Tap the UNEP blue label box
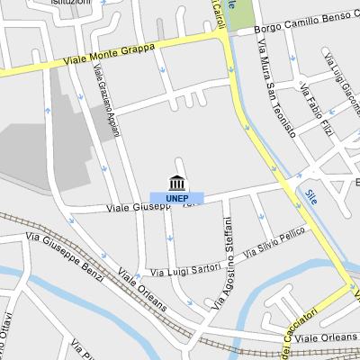pyautogui.click(x=176, y=197)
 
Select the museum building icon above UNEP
pyautogui.click(x=176, y=180)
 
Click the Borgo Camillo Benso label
pyautogui.click(x=306, y=23)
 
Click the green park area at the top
pyautogui.click(x=239, y=15)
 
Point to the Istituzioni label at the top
pyautogui.click(x=71, y=4)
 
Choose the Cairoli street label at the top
pyautogui.click(x=218, y=13)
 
